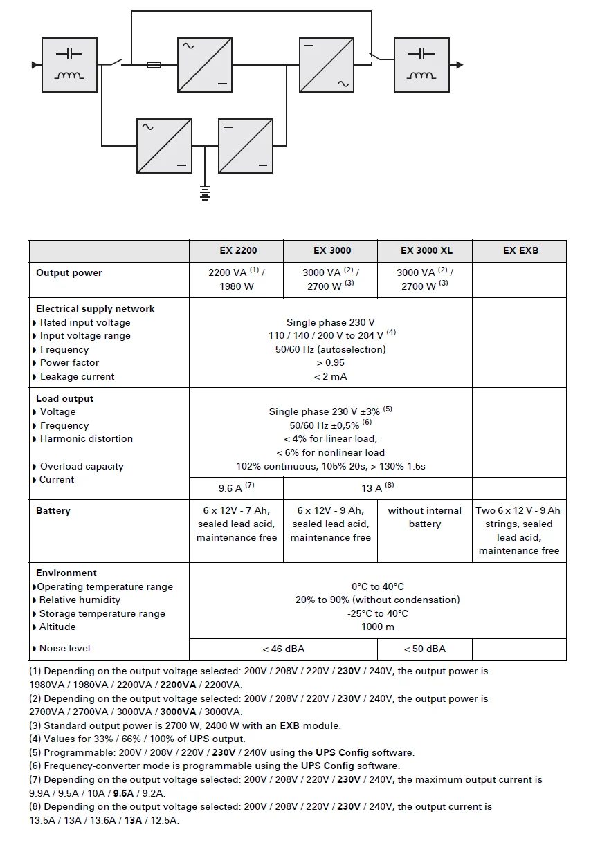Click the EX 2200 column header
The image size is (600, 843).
236,250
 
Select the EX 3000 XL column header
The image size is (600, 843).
426,250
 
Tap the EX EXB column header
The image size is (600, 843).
520,250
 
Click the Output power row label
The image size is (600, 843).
69,273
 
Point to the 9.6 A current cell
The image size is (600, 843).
236,488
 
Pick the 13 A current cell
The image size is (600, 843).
377,488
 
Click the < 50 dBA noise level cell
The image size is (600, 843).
424,649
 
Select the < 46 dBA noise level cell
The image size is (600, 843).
283,649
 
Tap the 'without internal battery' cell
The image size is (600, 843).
424,517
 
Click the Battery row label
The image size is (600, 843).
53,511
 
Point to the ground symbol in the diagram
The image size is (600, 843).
204,192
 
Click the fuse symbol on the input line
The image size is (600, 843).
154,65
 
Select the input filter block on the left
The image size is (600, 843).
69,65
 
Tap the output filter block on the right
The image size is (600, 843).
421,65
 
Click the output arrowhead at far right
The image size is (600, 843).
460,65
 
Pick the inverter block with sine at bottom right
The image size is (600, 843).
327,65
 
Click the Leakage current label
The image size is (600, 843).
77,377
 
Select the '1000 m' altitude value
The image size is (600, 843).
377,627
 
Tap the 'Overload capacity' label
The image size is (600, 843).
82,467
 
